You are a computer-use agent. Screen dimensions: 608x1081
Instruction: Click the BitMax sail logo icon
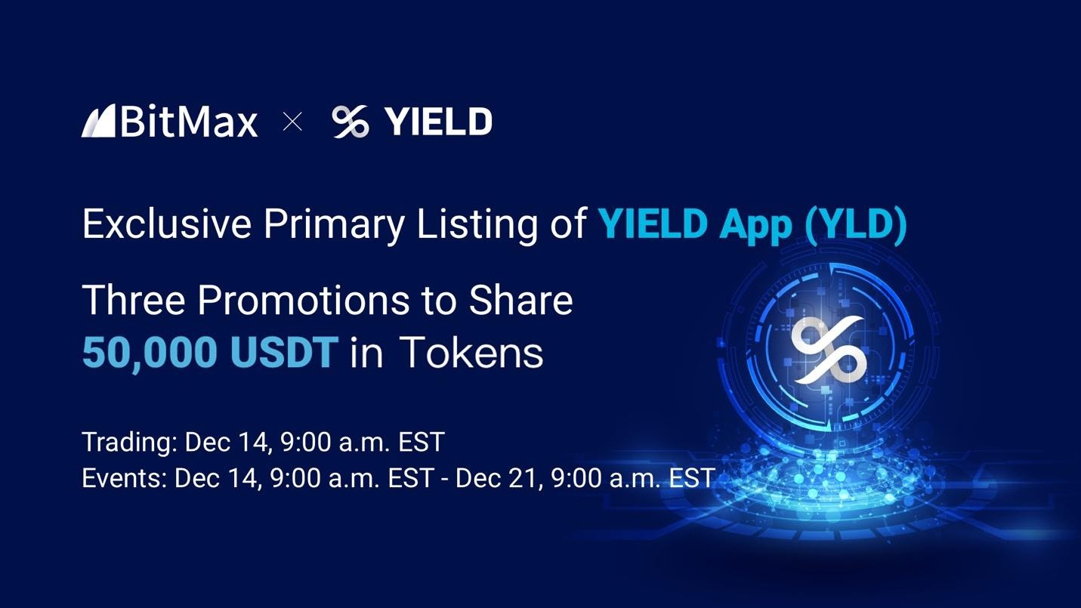pyautogui.click(x=98, y=121)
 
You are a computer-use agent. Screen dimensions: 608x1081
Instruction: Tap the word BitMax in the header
pyautogui.click(x=189, y=122)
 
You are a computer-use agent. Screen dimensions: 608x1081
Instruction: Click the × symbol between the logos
pyautogui.click(x=292, y=122)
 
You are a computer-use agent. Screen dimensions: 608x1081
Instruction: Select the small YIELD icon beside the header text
pyautogui.click(x=351, y=122)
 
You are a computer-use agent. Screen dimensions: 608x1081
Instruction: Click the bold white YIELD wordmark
pyautogui.click(x=438, y=122)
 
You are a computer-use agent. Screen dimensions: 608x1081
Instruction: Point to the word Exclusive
pyautogui.click(x=166, y=224)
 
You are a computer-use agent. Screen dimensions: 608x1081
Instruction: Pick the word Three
pyautogui.click(x=133, y=300)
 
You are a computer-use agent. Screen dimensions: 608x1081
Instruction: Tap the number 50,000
pyautogui.click(x=149, y=353)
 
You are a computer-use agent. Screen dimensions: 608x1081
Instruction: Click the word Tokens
pyautogui.click(x=471, y=353)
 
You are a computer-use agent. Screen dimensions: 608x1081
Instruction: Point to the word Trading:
pyautogui.click(x=129, y=443)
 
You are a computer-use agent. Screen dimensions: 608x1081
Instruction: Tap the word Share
pyautogui.click(x=520, y=300)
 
